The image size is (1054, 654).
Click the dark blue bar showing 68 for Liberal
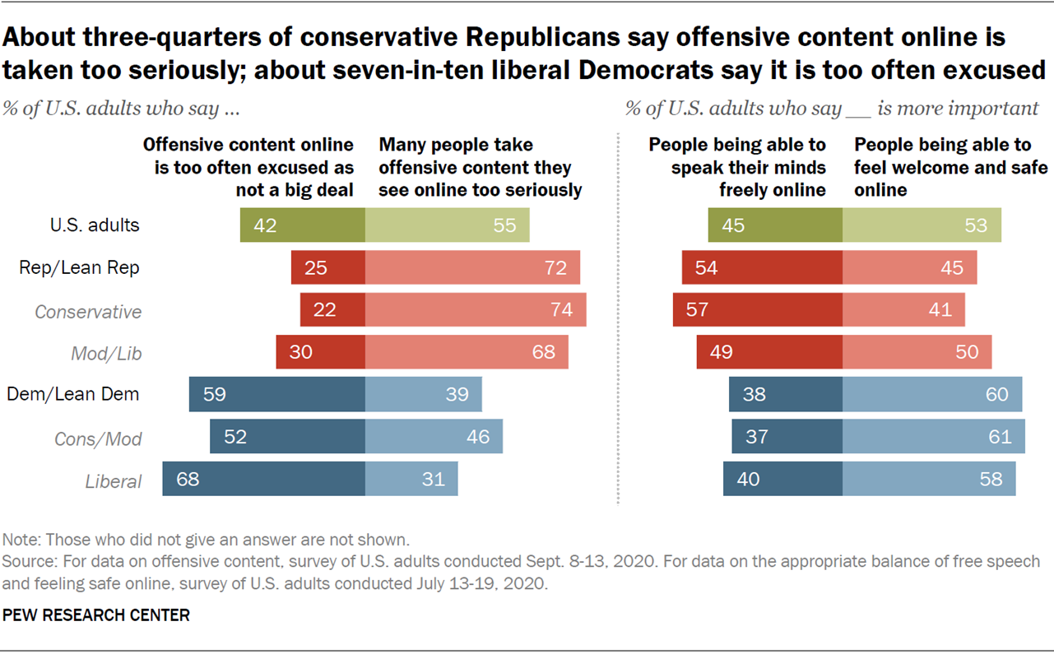263,479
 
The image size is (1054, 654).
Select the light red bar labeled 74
475,311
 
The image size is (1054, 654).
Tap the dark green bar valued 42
302,225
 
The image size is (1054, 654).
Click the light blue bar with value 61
933,437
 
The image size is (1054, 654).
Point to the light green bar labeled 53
922,225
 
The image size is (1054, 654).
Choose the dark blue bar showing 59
276,394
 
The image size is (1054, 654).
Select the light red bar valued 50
917,352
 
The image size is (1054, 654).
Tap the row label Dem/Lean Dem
72,394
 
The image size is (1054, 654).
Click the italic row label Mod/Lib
107,354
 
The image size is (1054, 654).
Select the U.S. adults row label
95,225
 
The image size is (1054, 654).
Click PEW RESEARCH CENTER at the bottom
96,615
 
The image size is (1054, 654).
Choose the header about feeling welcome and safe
950,167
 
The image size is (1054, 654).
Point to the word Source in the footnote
26,562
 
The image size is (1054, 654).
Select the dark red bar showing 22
332,311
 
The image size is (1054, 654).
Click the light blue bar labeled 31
411,479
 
